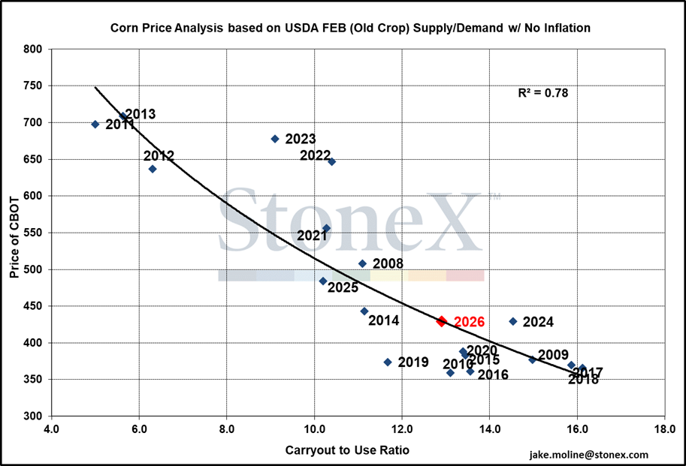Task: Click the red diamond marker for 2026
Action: click(442, 321)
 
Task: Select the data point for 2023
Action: click(275, 139)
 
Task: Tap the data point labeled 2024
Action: click(513, 321)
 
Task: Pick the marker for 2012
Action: click(153, 169)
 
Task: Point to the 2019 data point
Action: click(388, 362)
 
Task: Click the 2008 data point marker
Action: click(362, 263)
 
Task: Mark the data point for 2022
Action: click(331, 161)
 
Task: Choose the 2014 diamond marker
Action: click(364, 311)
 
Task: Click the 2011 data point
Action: click(95, 125)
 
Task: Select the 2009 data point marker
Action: click(532, 359)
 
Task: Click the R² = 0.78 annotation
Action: click(543, 94)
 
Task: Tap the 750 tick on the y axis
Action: click(35, 86)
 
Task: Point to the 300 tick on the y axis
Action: click(35, 416)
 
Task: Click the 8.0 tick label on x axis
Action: click(226, 431)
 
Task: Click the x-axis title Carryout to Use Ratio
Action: click(347, 450)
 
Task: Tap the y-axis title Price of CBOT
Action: click(14, 233)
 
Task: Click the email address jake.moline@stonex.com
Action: click(588, 455)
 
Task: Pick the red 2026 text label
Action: click(469, 322)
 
